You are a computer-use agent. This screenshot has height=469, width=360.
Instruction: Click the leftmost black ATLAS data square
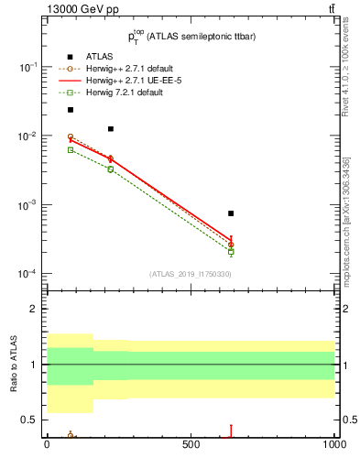pyautogui.click(x=70, y=110)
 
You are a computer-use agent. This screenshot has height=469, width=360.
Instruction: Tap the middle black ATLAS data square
pyautogui.click(x=111, y=129)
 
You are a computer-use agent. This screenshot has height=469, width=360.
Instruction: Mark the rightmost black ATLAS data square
pyautogui.click(x=231, y=213)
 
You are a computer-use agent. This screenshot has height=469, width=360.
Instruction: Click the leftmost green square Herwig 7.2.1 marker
pyautogui.click(x=70, y=149)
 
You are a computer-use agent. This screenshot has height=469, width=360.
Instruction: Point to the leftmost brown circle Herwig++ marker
pyautogui.click(x=70, y=137)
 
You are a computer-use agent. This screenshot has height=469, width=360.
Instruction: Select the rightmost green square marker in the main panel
pyautogui.click(x=231, y=251)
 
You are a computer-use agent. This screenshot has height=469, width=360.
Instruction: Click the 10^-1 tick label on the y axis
pyautogui.click(x=27, y=68)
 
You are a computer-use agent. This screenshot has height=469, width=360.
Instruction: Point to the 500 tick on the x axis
pyautogui.click(x=191, y=443)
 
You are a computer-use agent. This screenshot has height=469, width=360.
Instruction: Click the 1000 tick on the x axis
pyautogui.click(x=333, y=443)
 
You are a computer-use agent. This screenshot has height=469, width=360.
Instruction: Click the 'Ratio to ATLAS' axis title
pyautogui.click(x=14, y=365)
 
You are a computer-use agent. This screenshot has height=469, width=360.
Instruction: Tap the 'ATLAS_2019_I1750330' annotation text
pyautogui.click(x=191, y=274)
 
